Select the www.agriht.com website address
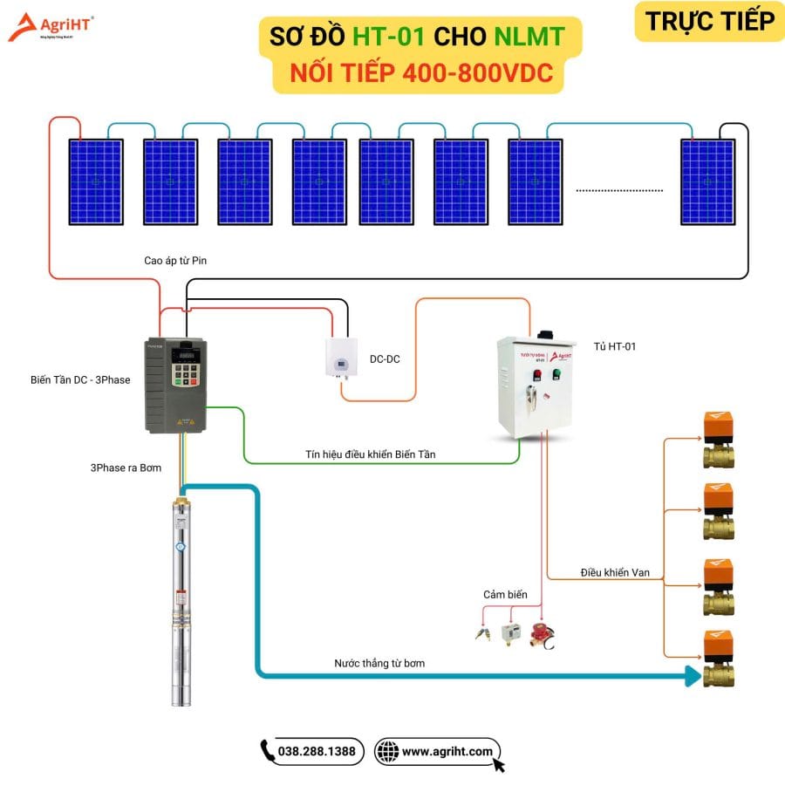click(x=447, y=751)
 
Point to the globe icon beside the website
click(x=387, y=751)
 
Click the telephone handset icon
click(x=268, y=751)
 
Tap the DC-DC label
click(x=385, y=358)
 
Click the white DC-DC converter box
click(x=342, y=358)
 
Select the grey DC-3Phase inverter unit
click(x=174, y=385)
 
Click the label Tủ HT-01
click(x=617, y=346)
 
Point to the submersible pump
click(x=181, y=602)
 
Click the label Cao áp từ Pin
click(x=175, y=260)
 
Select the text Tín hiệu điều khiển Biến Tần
click(x=371, y=454)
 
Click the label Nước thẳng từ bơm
click(x=379, y=663)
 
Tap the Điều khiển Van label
click(x=615, y=573)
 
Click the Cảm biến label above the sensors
click(x=506, y=595)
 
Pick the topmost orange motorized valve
click(x=718, y=440)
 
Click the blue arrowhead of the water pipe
click(x=694, y=674)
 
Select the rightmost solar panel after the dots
click(x=707, y=181)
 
